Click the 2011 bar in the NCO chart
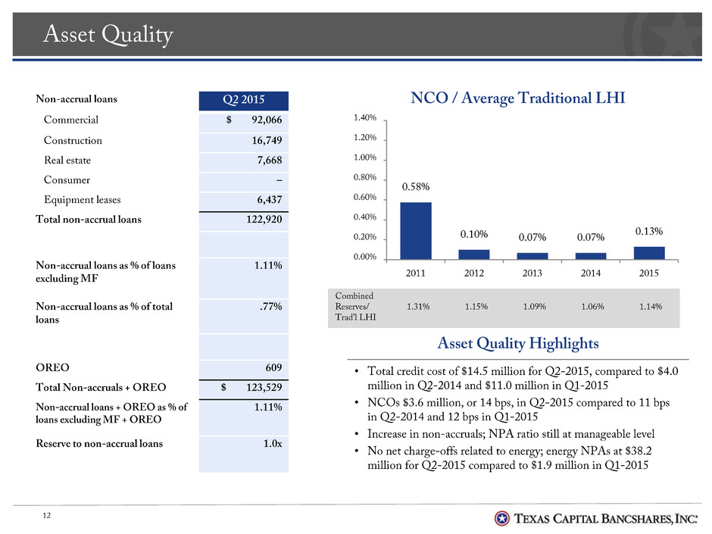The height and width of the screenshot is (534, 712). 416,231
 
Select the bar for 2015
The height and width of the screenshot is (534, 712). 649,253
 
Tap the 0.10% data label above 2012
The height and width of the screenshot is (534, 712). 473,234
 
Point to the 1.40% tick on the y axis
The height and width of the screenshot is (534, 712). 364,117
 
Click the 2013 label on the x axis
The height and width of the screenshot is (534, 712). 532,273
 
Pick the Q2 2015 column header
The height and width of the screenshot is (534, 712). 243,100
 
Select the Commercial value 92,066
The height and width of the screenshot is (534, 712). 267,120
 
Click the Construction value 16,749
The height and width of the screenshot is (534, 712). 267,140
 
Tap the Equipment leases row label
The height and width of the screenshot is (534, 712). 83,200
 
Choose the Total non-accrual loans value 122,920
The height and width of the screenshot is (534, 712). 264,220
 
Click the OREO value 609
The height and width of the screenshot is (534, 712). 273,367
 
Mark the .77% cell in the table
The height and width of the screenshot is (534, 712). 271,307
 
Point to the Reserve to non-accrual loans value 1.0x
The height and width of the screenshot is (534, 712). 273,443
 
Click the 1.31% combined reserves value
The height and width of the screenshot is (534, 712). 418,307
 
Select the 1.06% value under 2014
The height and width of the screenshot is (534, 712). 592,307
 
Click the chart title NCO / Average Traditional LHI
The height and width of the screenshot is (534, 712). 517,98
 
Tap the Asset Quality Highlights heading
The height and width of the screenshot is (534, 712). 517,343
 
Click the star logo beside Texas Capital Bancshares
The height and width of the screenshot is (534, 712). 501,518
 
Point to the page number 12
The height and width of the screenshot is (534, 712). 46,515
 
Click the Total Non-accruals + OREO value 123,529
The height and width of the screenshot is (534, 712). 264,387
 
